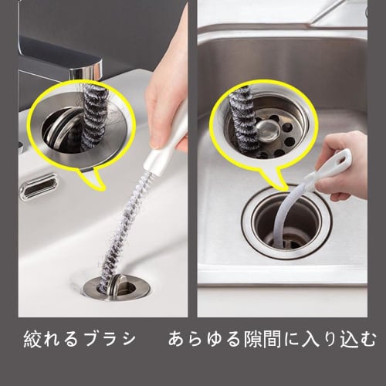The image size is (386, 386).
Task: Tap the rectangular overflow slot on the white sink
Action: click(39, 187)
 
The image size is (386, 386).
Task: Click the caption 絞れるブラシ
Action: click(77, 339)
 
